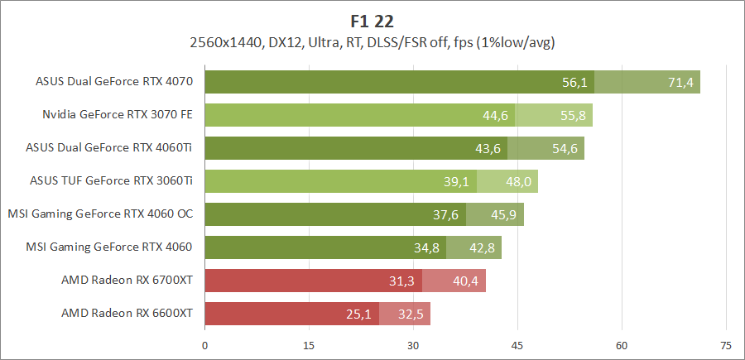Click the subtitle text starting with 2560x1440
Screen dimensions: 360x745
[x=372, y=41]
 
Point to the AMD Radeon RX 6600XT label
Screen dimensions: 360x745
[x=127, y=314]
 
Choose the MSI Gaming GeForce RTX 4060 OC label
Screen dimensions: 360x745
[x=100, y=214]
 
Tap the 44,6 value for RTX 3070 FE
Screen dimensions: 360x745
[x=495, y=116]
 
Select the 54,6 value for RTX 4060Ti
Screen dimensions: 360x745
[x=565, y=149]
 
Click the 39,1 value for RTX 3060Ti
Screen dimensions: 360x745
[x=457, y=182]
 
